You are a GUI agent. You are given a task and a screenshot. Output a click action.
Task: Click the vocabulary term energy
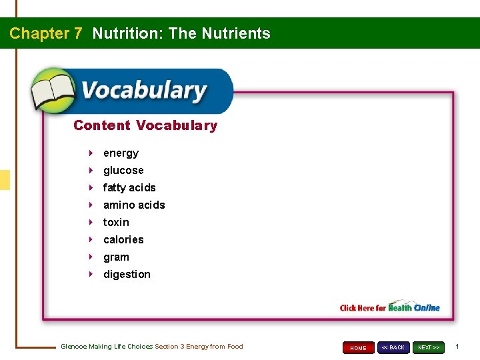[x=121, y=153]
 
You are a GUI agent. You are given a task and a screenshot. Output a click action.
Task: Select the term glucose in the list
[x=123, y=171]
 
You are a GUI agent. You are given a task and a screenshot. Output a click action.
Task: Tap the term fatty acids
[x=129, y=188]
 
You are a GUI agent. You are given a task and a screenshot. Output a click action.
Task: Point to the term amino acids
[x=134, y=205]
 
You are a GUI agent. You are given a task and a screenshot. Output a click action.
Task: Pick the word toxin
[x=116, y=223]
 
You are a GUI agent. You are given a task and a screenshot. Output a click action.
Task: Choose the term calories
[x=123, y=240]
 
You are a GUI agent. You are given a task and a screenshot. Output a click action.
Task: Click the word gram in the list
[x=116, y=257]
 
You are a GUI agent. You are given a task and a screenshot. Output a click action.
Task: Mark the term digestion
[x=127, y=275]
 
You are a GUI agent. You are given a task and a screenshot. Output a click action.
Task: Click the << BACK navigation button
[x=393, y=347]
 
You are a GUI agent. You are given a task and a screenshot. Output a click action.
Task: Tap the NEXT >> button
[x=429, y=347]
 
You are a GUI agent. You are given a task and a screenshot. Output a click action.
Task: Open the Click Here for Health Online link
[x=390, y=307]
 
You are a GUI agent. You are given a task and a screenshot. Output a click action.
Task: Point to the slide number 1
[x=457, y=347]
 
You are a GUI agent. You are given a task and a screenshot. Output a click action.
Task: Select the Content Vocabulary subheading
[x=145, y=125]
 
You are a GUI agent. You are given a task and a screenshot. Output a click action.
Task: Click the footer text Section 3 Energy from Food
[x=199, y=347]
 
